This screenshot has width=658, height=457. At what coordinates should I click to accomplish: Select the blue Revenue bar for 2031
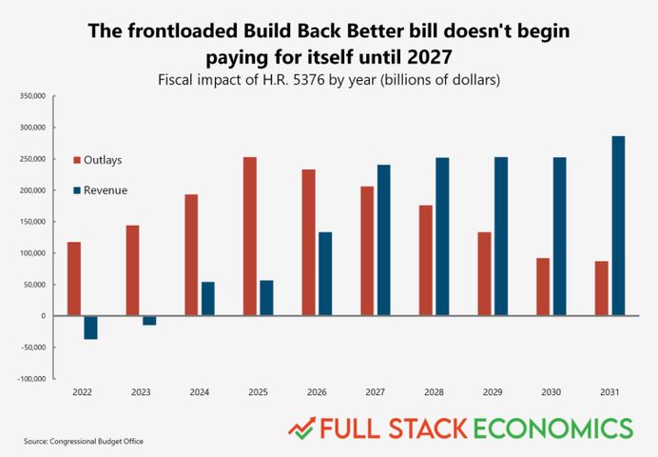618,226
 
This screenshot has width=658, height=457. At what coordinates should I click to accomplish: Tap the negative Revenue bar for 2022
91,327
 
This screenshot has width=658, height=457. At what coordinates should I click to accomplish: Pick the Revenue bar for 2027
384,240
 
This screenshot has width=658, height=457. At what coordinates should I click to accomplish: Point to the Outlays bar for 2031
602,295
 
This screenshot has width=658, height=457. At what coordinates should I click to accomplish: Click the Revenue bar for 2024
208,298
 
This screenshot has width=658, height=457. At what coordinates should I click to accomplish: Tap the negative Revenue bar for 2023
149,320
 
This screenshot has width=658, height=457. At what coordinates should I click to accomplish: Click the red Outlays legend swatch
79,159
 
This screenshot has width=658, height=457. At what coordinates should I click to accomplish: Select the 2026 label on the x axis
318,390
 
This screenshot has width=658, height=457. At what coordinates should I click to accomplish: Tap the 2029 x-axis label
493,390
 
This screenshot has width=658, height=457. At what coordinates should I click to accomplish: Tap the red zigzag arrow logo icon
302,427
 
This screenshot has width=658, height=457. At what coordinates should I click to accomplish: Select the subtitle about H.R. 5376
329,79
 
